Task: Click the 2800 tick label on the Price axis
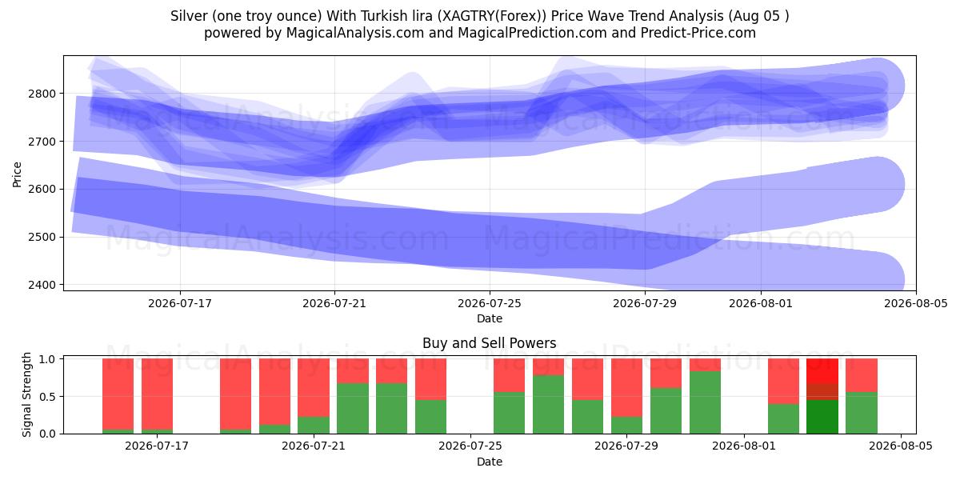coord(42,94)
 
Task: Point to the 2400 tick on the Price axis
coord(42,285)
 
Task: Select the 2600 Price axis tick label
coord(42,189)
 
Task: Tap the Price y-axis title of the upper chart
coord(17,174)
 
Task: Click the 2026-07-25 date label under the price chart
coord(490,303)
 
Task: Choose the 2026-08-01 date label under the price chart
coord(761,303)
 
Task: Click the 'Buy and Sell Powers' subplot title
coord(490,343)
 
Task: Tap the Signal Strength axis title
coord(26,394)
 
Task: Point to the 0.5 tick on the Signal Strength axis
coord(47,397)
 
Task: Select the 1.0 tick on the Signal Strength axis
coord(47,359)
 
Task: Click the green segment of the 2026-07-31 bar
coord(705,402)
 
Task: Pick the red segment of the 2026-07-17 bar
coord(157,394)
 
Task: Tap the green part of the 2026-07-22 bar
coord(352,409)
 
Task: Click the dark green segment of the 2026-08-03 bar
coord(822,417)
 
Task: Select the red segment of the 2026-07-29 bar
coord(626,387)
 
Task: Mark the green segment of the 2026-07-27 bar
coord(548,405)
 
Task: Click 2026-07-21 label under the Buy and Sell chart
coord(314,446)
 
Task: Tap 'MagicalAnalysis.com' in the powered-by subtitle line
coord(355,33)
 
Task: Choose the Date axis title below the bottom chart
coord(490,462)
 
